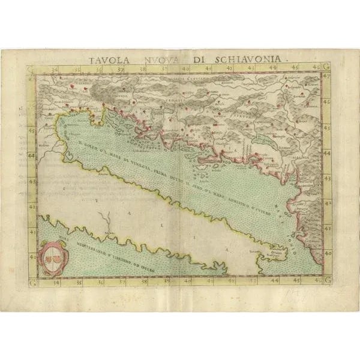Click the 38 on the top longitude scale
[x=143, y=70]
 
